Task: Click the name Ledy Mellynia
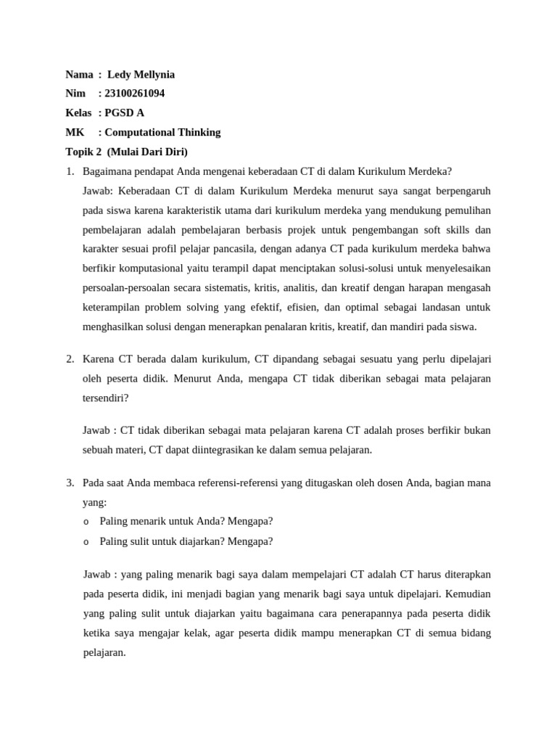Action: (x=141, y=75)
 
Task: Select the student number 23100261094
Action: (x=134, y=94)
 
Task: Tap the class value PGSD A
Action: (x=124, y=113)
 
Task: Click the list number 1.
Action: (x=70, y=171)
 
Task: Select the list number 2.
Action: (x=70, y=359)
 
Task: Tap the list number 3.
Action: (x=70, y=483)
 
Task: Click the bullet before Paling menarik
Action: (x=86, y=522)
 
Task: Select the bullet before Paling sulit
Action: (x=86, y=541)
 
